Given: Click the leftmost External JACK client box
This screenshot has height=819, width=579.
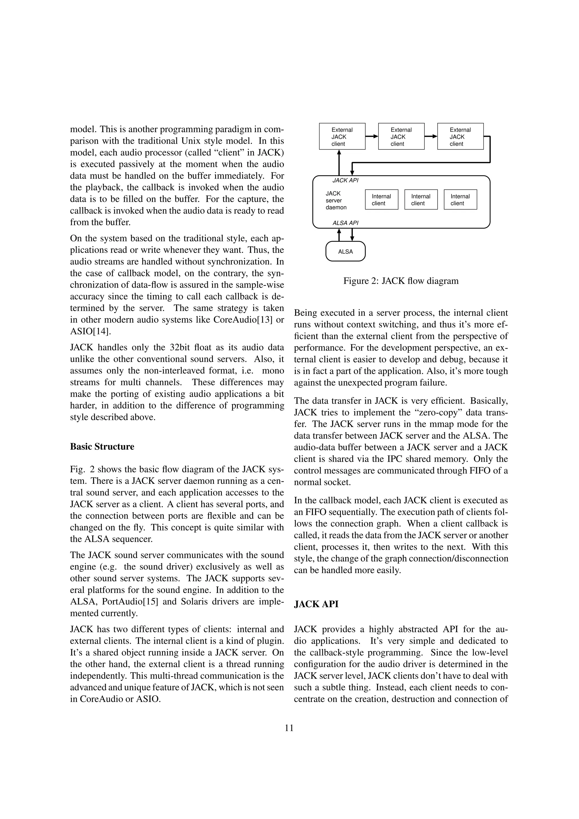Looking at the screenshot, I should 342,136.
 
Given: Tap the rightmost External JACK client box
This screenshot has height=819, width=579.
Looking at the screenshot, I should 460,136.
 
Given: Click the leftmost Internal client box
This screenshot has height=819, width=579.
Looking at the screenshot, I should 381,200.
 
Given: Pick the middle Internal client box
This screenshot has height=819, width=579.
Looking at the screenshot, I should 421,200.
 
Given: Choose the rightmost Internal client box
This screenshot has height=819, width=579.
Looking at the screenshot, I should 460,200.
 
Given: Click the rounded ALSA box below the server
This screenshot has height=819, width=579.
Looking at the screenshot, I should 345,252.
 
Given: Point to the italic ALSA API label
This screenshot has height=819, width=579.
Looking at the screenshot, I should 345,223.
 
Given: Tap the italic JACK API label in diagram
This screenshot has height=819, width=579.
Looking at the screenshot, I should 345,181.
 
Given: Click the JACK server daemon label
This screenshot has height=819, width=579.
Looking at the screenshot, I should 335,200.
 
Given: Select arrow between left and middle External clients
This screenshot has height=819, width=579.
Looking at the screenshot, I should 372,136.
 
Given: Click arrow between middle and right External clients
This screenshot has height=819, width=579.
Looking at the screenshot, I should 431,136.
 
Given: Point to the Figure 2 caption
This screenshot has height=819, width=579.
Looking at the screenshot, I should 401,281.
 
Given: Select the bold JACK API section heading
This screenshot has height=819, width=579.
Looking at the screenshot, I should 316,604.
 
